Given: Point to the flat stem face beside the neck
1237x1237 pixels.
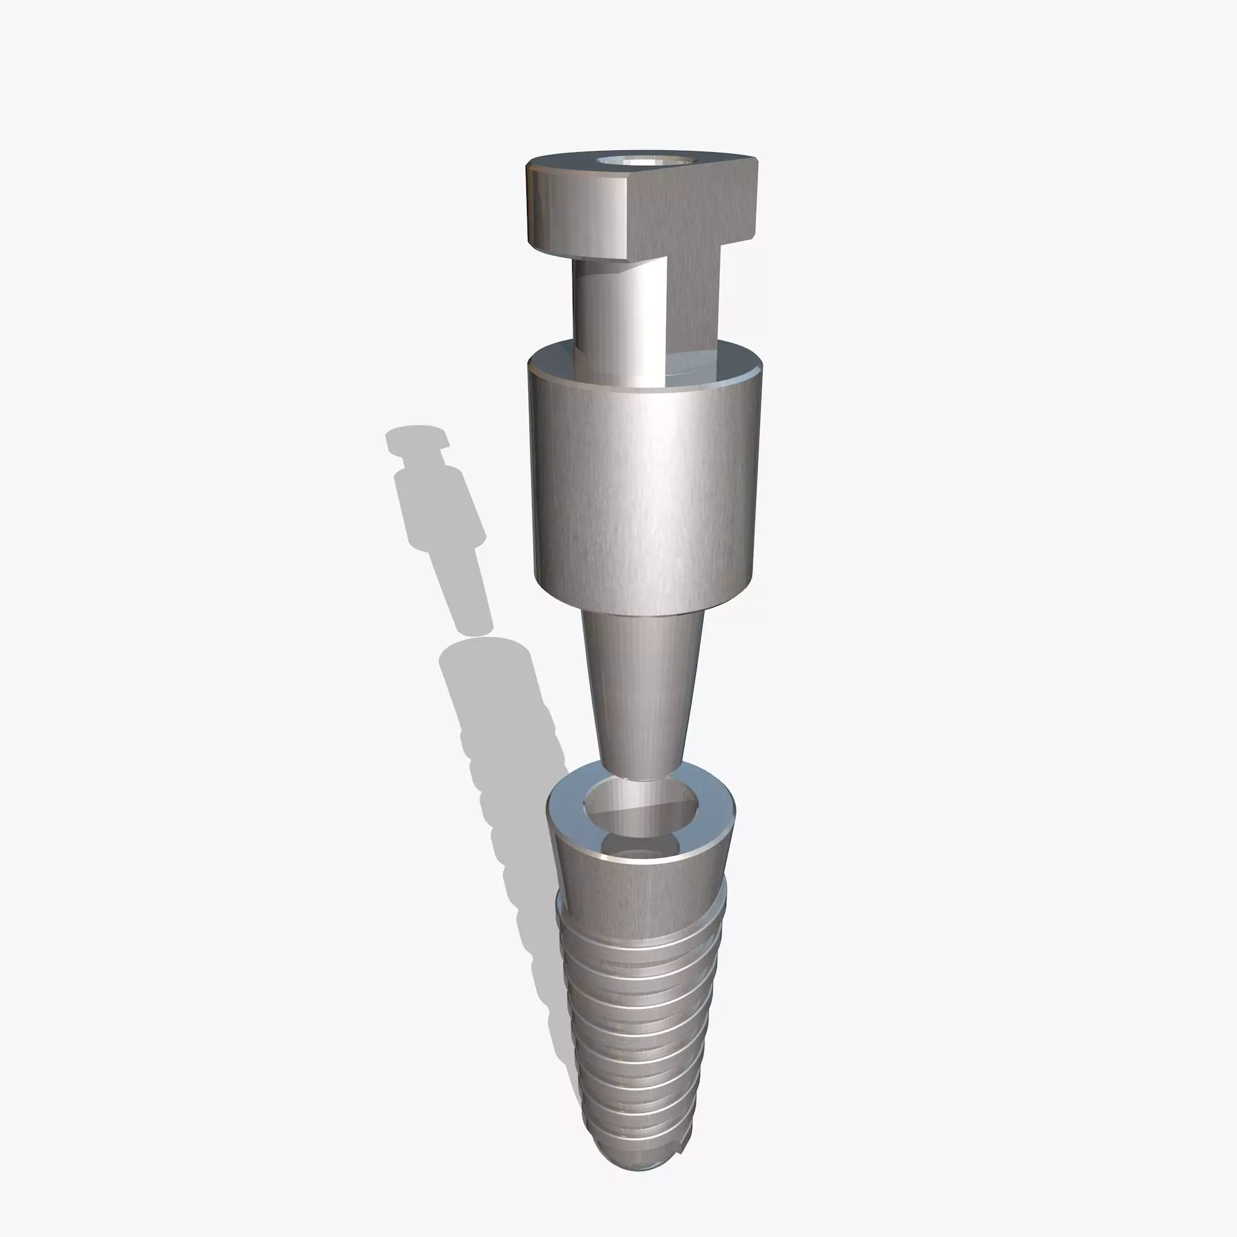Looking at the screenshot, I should coord(695,301).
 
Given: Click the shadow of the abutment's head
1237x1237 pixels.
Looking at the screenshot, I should coord(416,439).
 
